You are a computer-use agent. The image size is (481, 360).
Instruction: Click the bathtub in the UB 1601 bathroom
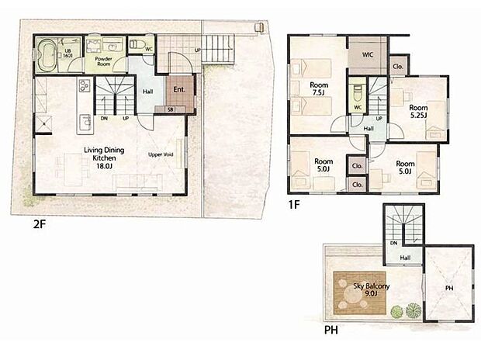(47, 55)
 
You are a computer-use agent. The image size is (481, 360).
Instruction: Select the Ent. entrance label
(178, 90)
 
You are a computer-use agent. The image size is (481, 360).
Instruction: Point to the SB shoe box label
(171, 109)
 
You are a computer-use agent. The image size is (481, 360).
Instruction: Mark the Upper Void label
(160, 154)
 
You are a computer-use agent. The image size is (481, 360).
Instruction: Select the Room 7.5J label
(318, 89)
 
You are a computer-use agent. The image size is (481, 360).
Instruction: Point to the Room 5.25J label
(419, 112)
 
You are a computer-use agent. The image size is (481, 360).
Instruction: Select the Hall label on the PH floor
(405, 257)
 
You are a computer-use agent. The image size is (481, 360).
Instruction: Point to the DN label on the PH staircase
(393, 243)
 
